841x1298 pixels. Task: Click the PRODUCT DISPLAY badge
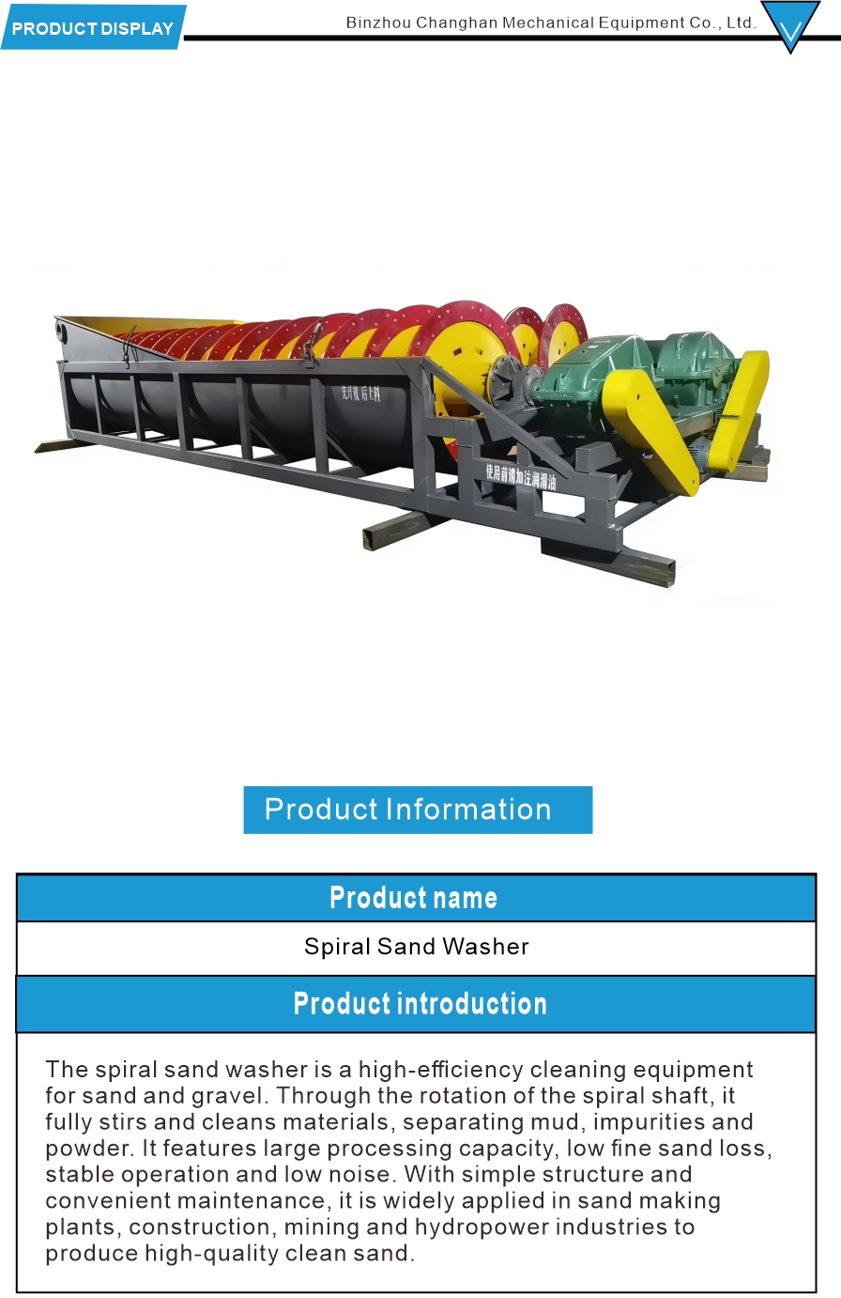(x=93, y=28)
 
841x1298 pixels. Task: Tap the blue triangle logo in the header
(x=790, y=24)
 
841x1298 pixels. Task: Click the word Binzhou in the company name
(x=378, y=23)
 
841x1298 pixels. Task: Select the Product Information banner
(x=418, y=810)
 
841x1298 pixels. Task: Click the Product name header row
(x=416, y=898)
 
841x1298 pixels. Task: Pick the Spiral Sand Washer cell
(x=416, y=947)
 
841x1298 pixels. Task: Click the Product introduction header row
(x=416, y=1003)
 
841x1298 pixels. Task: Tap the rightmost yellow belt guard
(x=742, y=409)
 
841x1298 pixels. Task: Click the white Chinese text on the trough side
(x=361, y=393)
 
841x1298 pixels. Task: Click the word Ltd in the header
(x=740, y=23)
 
